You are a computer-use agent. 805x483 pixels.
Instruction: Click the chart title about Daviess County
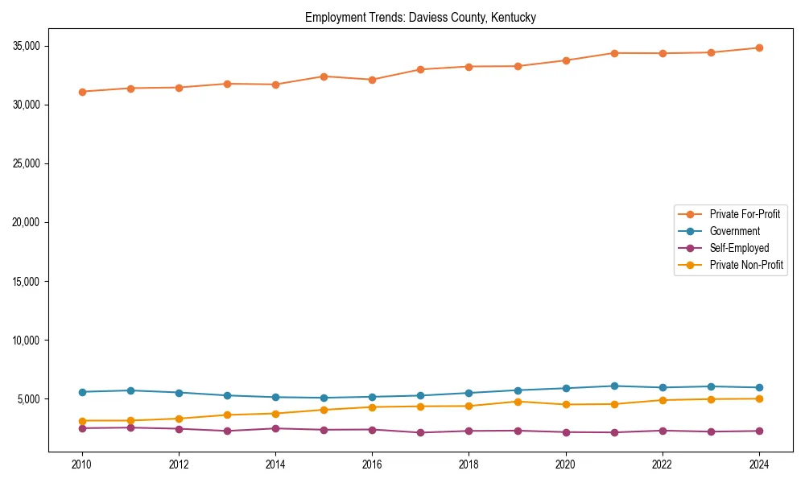[x=420, y=17]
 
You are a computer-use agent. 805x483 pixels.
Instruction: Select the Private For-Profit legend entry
[x=745, y=214]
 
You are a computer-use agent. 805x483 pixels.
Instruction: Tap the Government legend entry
[x=734, y=231]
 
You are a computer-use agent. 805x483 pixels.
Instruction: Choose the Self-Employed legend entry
[x=739, y=248]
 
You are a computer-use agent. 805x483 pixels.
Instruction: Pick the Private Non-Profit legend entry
[x=746, y=265]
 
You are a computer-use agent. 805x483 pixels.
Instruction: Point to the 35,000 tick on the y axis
[x=27, y=46]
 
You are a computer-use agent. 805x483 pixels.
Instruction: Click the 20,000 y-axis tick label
[x=27, y=222]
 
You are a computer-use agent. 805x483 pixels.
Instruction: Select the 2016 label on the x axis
[x=372, y=464]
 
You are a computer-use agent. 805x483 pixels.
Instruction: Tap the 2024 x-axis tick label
[x=759, y=464]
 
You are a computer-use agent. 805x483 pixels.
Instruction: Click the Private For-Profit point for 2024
[x=759, y=47]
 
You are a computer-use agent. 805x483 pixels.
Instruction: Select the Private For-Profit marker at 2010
[x=82, y=92]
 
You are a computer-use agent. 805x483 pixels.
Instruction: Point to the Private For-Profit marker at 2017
[x=420, y=69]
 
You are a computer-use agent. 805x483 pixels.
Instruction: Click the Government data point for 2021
[x=614, y=386]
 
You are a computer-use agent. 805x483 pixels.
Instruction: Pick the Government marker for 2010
[x=82, y=392]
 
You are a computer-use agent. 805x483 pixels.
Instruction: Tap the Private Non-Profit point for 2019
[x=518, y=402]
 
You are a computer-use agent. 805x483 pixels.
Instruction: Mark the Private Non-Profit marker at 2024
[x=759, y=398]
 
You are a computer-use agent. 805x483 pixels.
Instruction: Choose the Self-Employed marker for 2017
[x=420, y=433]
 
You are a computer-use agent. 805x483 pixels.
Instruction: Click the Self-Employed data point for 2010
[x=82, y=428]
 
